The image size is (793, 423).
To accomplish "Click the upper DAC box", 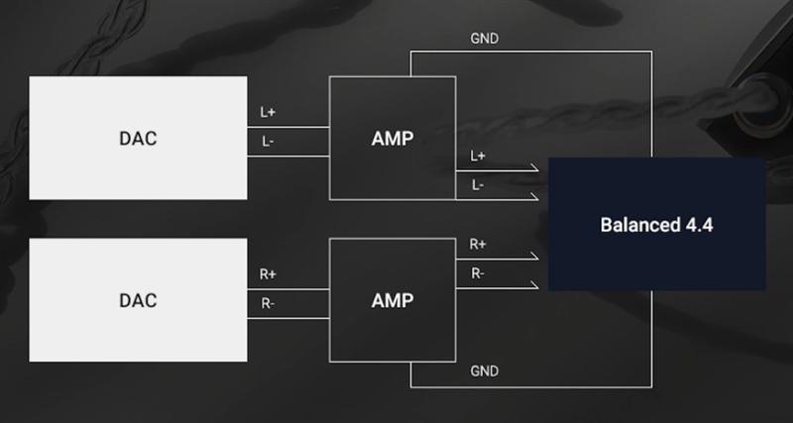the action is [x=138, y=138].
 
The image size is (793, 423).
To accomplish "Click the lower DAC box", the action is [x=138, y=300].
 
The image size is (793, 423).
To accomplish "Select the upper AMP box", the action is [x=393, y=138].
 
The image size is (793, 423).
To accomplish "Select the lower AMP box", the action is [x=393, y=300].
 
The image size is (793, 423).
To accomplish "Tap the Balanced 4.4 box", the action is [x=657, y=224].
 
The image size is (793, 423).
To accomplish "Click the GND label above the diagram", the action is [x=485, y=39].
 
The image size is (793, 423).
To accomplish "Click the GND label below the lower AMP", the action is [x=485, y=370].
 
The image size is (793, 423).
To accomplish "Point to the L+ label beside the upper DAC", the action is [x=268, y=112].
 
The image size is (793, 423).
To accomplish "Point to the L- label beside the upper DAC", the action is [x=268, y=142].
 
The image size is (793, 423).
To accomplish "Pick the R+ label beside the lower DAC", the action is [x=268, y=274].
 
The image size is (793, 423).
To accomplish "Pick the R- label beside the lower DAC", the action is [x=268, y=304].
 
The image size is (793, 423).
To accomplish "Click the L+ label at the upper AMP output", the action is [x=478, y=157].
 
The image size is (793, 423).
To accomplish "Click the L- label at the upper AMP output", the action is [x=478, y=185].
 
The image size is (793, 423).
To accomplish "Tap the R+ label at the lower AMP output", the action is [x=478, y=244].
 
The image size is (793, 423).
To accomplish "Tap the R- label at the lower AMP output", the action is [x=478, y=273].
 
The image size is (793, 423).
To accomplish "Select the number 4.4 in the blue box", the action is [x=700, y=225].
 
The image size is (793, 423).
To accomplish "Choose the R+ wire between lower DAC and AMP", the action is [x=288, y=289].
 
